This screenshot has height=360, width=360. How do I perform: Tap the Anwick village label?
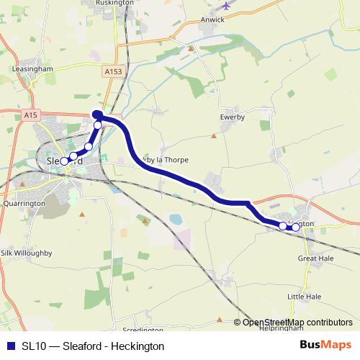point(213,20)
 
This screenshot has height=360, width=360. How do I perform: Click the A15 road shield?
point(30,115)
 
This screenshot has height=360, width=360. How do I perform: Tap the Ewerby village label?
point(233,116)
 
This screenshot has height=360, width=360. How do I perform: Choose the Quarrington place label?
point(24,203)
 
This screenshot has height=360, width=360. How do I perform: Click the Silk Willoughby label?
point(26,253)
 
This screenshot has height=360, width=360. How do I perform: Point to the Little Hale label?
point(304,296)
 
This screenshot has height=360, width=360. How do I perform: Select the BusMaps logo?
point(325,346)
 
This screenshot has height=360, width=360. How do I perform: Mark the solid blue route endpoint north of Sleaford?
point(96,114)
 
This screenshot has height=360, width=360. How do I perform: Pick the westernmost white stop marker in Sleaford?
point(63,161)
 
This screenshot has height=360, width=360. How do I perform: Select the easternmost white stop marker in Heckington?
point(295,228)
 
